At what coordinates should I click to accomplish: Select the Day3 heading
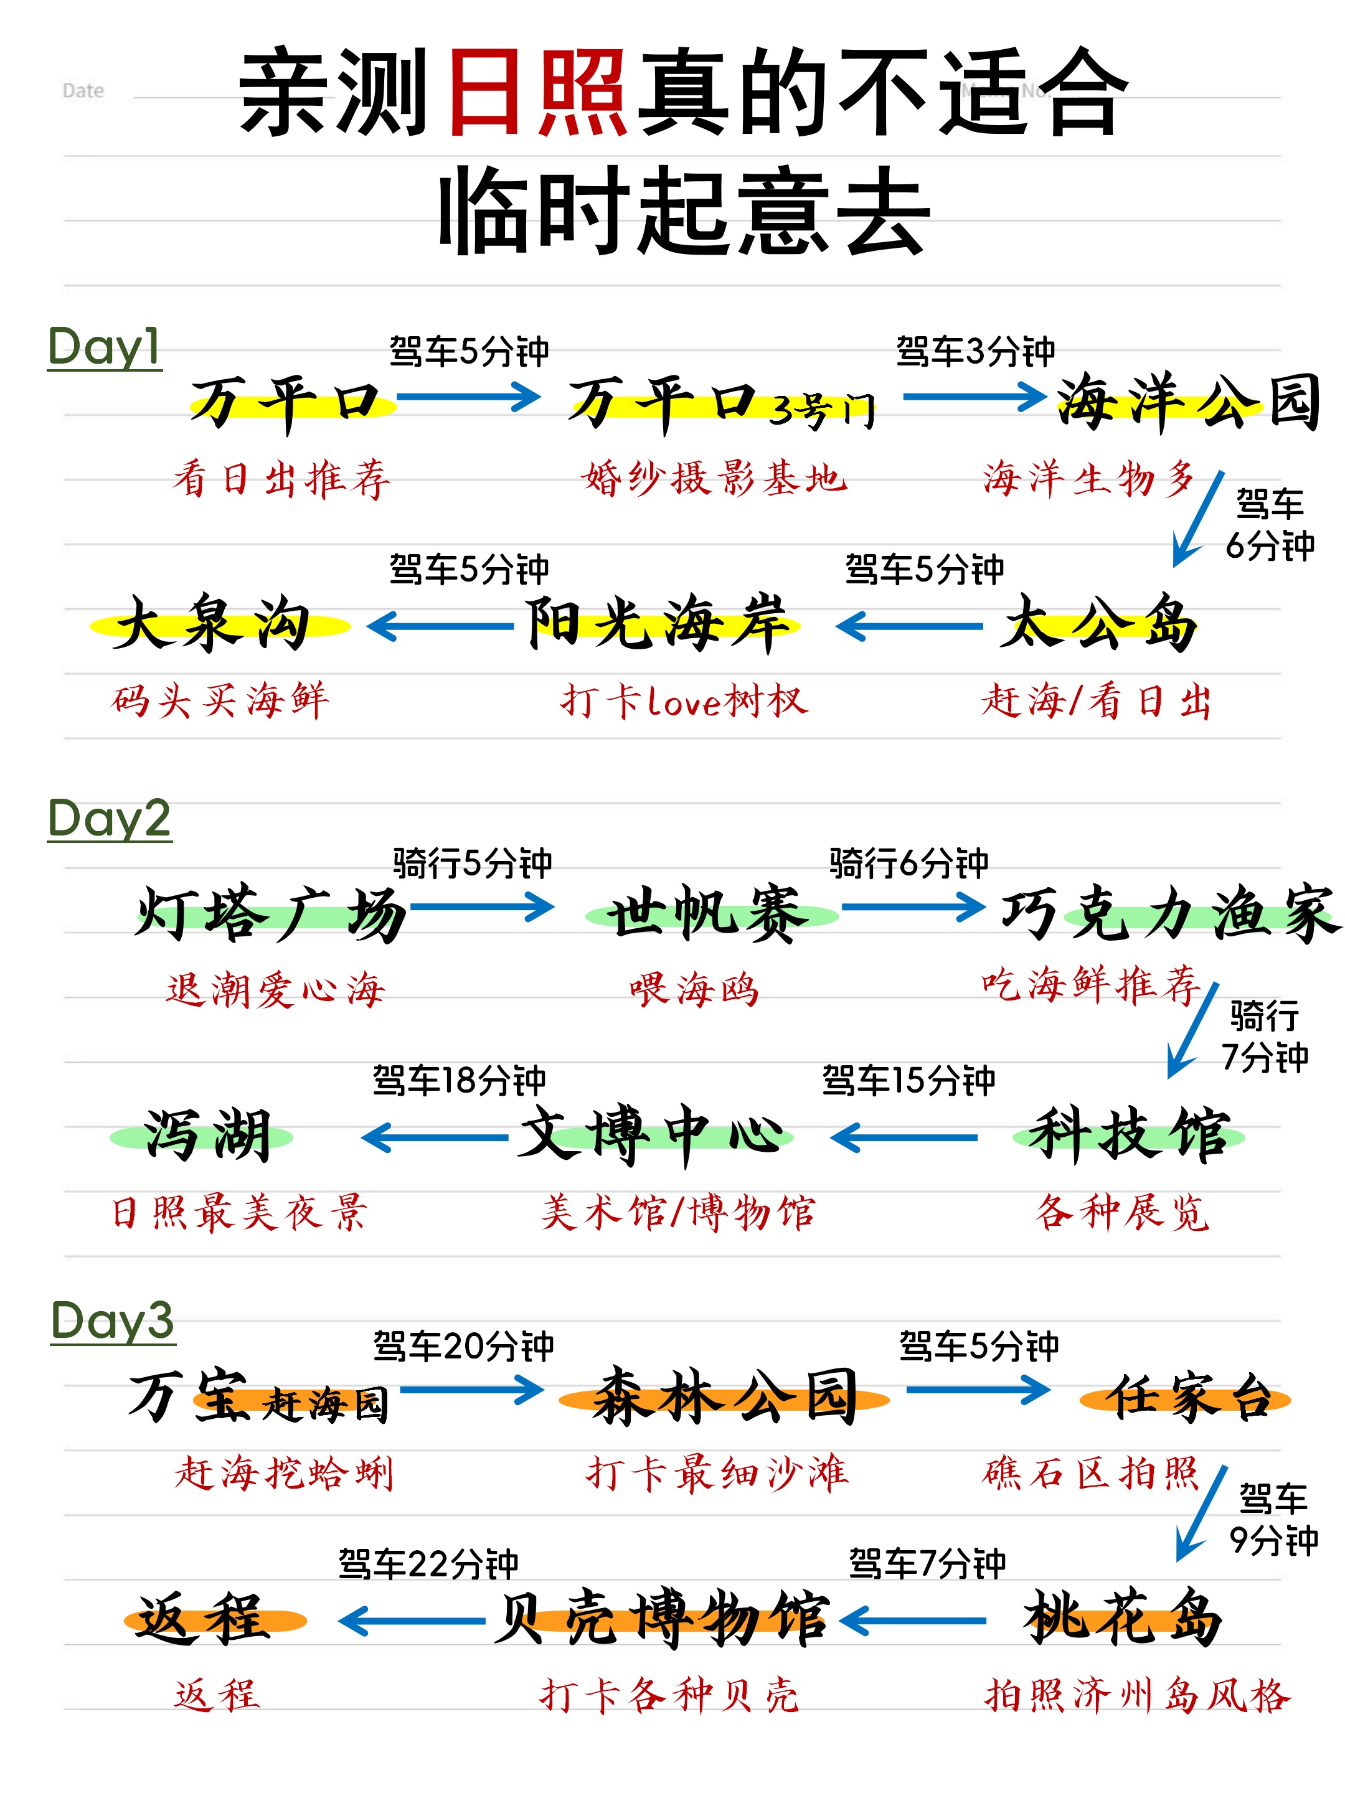click(112, 1320)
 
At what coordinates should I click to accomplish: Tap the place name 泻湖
click(207, 1136)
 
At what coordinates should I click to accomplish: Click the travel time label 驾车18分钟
click(459, 1081)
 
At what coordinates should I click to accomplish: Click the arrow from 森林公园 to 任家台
click(978, 1390)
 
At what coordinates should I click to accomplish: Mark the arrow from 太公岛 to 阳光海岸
click(910, 626)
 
